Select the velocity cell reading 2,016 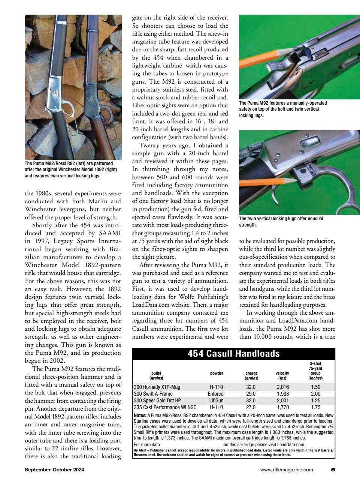(283, 387)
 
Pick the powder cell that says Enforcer (216, 394)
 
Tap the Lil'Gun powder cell (216, 400)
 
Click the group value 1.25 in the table (315, 400)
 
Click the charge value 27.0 (251, 407)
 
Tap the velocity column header (282, 373)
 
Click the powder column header (216, 373)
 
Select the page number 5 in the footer (333, 469)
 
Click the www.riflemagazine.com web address (287, 469)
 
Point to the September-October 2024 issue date (54, 469)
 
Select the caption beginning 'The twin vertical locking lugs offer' (281, 222)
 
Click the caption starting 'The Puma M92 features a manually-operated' (283, 109)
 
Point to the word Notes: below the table (140, 415)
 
